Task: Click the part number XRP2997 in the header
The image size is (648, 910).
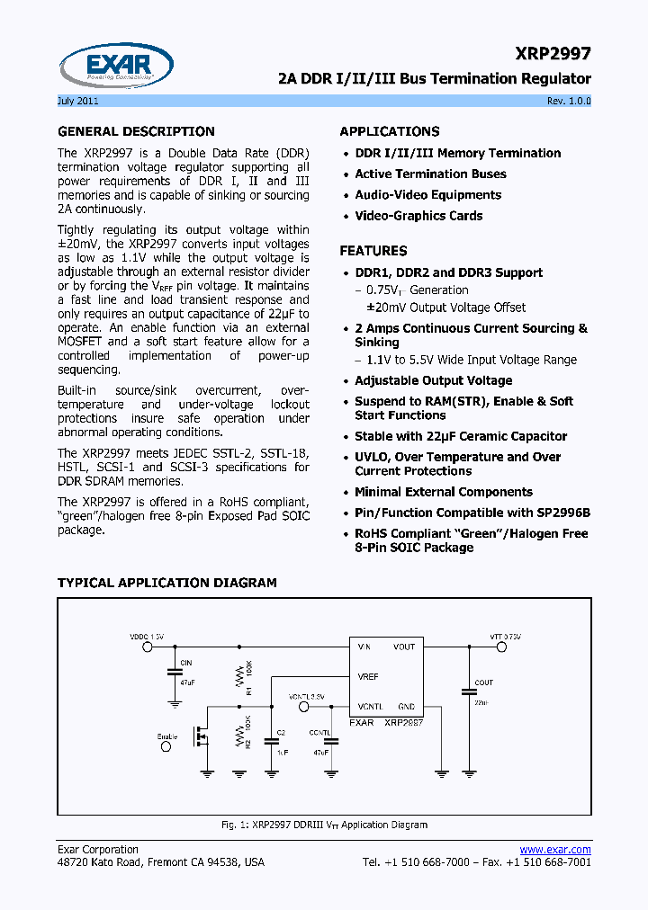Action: coord(554,55)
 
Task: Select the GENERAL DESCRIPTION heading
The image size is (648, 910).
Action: coord(136,131)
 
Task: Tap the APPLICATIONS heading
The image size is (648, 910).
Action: coord(390,131)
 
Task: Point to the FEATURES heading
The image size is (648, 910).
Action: coord(373,251)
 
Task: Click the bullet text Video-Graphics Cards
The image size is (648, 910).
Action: coord(418,216)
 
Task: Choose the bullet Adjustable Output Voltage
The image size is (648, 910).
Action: coord(433,380)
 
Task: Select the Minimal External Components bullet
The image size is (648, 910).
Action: coord(444,492)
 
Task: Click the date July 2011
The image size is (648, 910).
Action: coord(79,101)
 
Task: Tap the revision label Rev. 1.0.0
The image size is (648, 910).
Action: coord(569,101)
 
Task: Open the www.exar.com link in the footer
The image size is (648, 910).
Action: coord(555,849)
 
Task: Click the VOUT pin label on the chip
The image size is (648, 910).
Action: coord(404,647)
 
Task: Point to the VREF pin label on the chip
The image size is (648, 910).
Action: coord(368,676)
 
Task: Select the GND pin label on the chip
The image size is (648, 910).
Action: coord(406,706)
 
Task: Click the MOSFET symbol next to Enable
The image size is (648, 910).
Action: coord(201,736)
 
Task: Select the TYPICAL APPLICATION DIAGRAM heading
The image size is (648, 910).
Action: coord(166,583)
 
